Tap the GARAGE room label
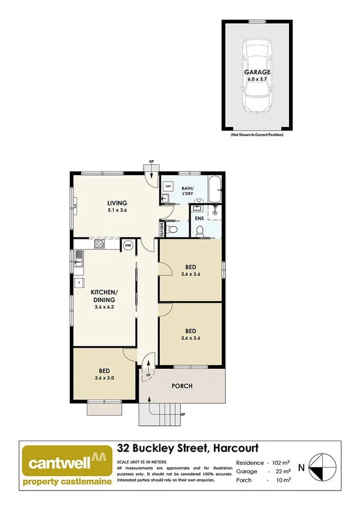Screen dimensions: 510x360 257,72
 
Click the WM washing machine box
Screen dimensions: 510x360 168,186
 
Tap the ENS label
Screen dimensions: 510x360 199,218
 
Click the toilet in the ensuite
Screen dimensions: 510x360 200,230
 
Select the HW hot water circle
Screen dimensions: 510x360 128,245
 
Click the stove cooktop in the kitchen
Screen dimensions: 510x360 99,244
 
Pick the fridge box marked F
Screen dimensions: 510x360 78,282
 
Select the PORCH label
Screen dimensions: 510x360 182,386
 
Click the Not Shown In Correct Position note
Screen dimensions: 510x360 257,135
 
